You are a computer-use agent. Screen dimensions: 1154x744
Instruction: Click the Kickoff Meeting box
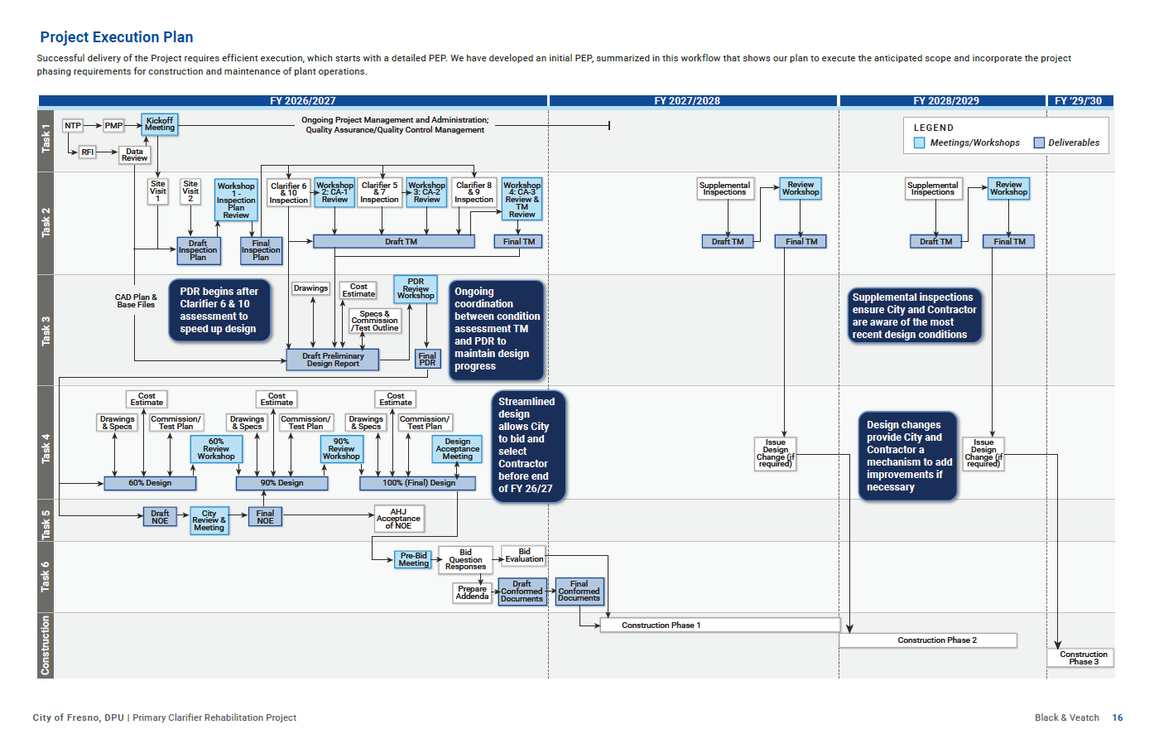[160, 124]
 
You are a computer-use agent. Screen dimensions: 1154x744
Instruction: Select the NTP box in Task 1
[73, 125]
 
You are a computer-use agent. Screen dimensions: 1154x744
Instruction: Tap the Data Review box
[134, 155]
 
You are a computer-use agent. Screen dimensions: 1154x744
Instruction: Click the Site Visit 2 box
[190, 191]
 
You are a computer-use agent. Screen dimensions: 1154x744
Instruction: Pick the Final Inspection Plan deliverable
[261, 250]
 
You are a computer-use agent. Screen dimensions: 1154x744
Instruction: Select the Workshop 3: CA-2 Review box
[426, 192]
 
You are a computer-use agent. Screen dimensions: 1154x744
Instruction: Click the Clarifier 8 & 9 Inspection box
[474, 192]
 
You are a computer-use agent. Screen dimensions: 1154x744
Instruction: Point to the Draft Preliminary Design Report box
[333, 360]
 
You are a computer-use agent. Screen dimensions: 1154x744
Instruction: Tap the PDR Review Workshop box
[416, 288]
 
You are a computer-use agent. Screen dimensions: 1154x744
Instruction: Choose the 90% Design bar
[281, 483]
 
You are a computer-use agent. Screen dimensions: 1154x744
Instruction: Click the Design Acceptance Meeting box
[458, 449]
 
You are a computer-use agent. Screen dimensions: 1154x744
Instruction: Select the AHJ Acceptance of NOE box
[399, 519]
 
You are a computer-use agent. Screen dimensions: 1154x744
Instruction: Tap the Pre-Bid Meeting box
[413, 559]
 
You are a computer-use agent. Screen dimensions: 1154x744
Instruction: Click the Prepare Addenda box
[472, 592]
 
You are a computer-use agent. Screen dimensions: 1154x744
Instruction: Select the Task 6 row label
[46, 577]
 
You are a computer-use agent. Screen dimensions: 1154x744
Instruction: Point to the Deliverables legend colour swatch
[1039, 143]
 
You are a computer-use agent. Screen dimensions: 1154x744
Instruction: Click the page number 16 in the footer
[1117, 717]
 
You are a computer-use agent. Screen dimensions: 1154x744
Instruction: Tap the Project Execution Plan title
[117, 37]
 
